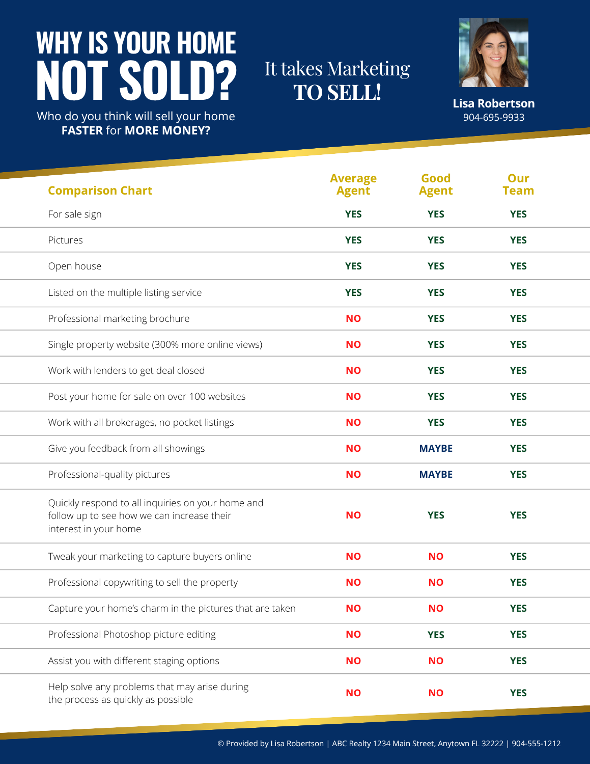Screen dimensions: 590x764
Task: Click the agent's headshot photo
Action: (493, 52)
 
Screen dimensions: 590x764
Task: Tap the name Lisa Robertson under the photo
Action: (493, 103)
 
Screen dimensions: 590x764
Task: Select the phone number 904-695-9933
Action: (493, 118)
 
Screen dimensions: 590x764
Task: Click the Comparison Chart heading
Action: (100, 190)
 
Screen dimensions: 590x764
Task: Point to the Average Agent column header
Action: (353, 184)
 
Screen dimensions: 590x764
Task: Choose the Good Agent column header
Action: (436, 184)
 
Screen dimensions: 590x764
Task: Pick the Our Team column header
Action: (518, 184)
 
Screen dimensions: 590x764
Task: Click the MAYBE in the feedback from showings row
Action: (436, 448)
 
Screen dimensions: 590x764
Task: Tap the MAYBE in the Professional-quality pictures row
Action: (436, 474)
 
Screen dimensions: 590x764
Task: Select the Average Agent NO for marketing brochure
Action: (353, 318)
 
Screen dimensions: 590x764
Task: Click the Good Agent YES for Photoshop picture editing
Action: (436, 635)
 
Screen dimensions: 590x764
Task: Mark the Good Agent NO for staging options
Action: (436, 661)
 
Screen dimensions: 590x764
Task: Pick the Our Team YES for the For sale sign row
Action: (518, 214)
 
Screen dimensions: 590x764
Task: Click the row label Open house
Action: (74, 266)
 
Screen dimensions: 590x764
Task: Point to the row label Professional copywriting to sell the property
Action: (143, 583)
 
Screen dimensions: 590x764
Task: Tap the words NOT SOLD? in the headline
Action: (136, 80)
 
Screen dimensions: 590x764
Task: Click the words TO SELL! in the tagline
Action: (337, 93)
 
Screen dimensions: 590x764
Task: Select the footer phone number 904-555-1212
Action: (536, 744)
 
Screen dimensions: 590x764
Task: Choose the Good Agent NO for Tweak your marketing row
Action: (436, 556)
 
